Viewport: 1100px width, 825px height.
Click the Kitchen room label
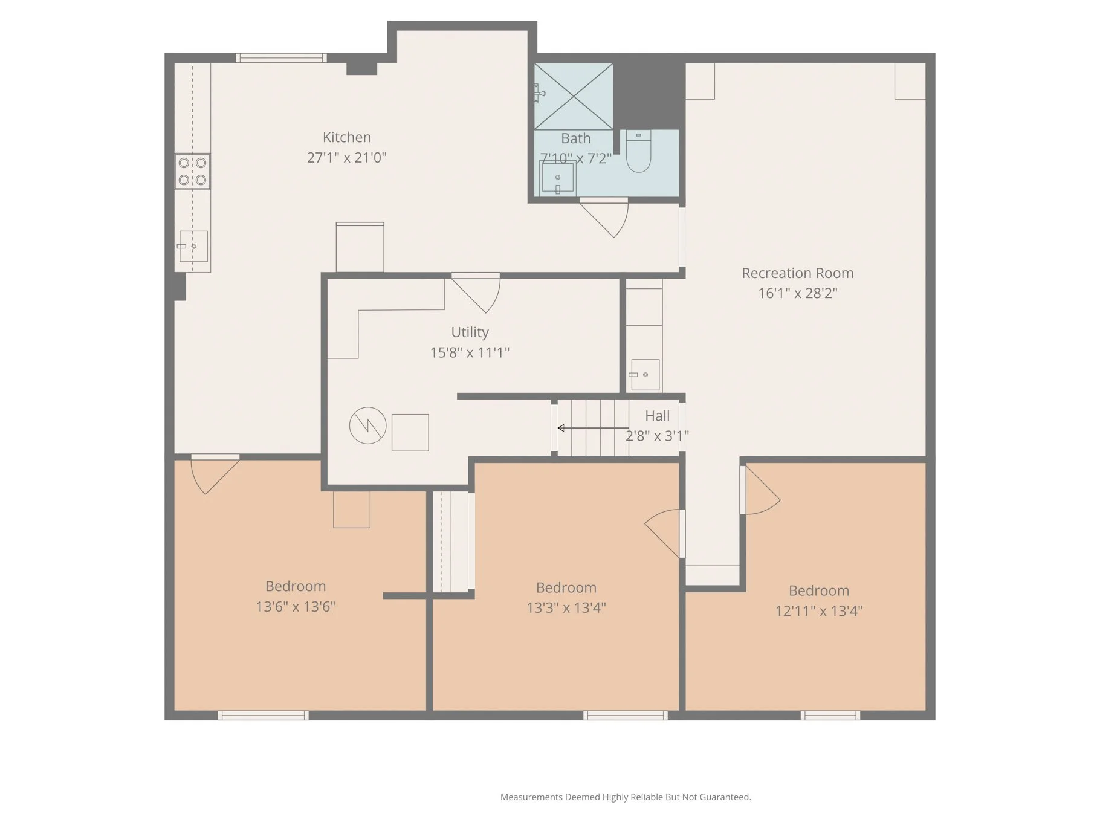(x=346, y=137)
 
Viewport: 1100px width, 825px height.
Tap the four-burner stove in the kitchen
(x=192, y=172)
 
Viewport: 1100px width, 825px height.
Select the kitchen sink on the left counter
(x=193, y=247)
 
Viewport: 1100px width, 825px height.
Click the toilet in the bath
(x=638, y=152)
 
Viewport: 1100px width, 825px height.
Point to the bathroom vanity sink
(x=557, y=178)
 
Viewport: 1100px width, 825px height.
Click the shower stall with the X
(x=573, y=97)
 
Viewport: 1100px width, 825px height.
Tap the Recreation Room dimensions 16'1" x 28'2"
(x=797, y=293)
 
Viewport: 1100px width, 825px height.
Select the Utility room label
(x=470, y=332)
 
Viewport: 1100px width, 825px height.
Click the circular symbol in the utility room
(x=367, y=425)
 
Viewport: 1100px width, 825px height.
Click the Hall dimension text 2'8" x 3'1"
(x=657, y=436)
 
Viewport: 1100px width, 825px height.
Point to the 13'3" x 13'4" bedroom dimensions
(x=566, y=607)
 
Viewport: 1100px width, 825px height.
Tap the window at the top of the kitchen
(x=281, y=58)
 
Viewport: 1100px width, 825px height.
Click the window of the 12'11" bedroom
(x=830, y=716)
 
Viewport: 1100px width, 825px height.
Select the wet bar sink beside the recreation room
(x=644, y=375)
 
